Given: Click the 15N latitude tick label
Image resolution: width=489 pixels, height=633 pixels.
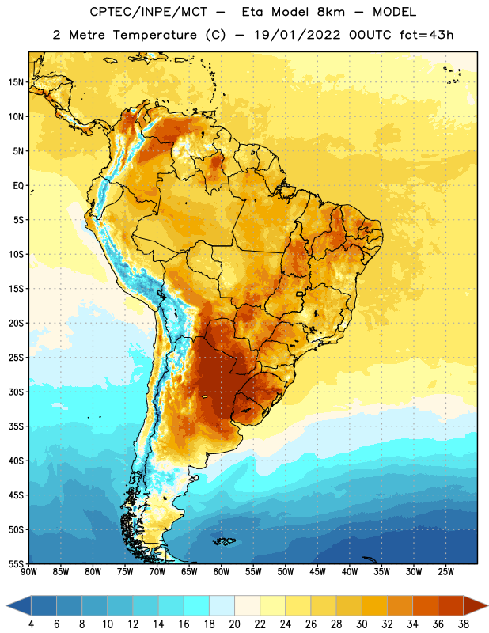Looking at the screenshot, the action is pyautogui.click(x=16, y=82).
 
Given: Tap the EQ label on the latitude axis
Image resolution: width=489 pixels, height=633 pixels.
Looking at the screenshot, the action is pyautogui.click(x=18, y=186).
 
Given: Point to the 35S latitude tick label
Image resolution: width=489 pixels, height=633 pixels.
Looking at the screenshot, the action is pyautogui.click(x=16, y=426).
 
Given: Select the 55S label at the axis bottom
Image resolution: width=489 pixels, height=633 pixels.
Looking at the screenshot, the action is pyautogui.click(x=16, y=564).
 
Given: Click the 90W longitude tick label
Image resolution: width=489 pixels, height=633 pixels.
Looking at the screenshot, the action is pyautogui.click(x=28, y=572).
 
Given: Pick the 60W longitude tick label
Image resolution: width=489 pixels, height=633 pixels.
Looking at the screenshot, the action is pyautogui.click(x=222, y=572).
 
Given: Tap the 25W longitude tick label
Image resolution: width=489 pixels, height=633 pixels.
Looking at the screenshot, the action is pyautogui.click(x=445, y=572).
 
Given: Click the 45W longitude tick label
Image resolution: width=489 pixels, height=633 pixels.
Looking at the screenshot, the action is pyautogui.click(x=317, y=572).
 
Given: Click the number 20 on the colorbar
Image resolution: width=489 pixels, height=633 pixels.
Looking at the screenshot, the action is pyautogui.click(x=234, y=624).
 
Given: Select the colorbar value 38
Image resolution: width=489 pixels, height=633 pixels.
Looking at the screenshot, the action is pyautogui.click(x=463, y=624).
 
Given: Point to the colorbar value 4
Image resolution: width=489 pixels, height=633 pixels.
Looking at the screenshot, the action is pyautogui.click(x=31, y=624).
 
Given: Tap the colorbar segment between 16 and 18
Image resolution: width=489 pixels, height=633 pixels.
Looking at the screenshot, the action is pyautogui.click(x=197, y=605).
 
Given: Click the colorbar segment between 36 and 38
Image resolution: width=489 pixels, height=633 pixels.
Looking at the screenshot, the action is pyautogui.click(x=451, y=605).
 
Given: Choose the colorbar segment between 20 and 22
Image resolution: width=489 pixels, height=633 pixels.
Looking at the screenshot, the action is pyautogui.click(x=247, y=605).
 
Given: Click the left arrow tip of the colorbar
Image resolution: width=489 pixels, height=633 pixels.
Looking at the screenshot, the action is pyautogui.click(x=6, y=605).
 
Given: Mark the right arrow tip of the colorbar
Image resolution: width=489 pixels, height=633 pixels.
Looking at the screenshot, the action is pyautogui.click(x=487, y=605).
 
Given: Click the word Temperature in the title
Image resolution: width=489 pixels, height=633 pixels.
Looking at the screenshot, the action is pyautogui.click(x=154, y=35).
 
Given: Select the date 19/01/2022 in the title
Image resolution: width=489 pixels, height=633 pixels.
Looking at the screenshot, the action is pyautogui.click(x=297, y=35).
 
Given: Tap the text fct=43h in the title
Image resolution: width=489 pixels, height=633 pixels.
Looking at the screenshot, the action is pyautogui.click(x=426, y=35).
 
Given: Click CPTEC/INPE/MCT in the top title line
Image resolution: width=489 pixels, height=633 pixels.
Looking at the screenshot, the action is pyautogui.click(x=148, y=12).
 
